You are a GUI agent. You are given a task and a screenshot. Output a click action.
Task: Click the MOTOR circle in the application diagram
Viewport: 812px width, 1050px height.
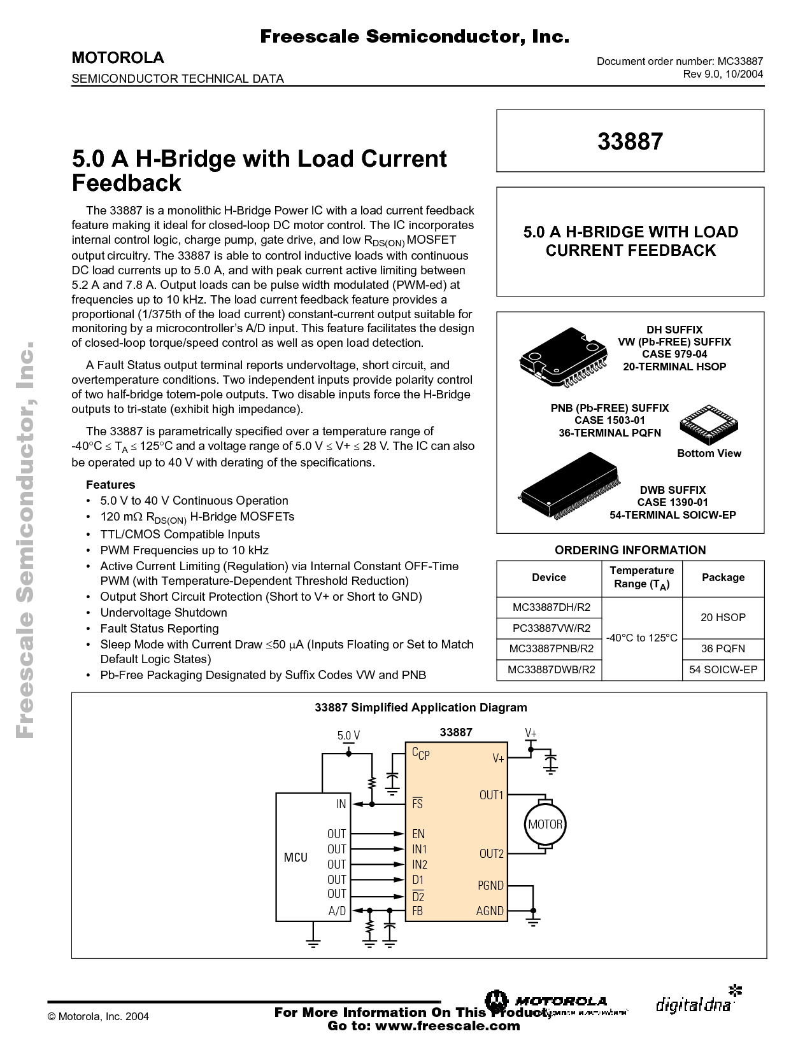(545, 824)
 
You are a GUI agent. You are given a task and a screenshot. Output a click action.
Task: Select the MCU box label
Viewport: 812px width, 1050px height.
(296, 857)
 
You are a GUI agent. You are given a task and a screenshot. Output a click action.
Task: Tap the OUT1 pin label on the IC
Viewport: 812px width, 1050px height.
(491, 795)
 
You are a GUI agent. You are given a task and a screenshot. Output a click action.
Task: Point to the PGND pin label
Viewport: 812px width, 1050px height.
(490, 885)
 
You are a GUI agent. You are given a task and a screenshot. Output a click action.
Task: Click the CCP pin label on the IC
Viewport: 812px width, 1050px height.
(420, 753)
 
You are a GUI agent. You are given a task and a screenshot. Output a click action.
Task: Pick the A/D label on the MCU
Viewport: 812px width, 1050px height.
(337, 911)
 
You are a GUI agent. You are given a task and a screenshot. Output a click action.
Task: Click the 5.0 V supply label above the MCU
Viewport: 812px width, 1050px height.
(348, 736)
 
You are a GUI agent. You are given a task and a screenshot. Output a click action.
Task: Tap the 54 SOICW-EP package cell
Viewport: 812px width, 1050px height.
(723, 669)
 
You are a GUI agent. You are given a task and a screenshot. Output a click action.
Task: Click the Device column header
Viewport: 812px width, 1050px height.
(548, 577)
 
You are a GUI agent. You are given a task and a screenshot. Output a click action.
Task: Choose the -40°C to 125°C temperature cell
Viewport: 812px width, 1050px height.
(641, 638)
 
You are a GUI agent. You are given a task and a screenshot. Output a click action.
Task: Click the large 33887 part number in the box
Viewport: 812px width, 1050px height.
(630, 141)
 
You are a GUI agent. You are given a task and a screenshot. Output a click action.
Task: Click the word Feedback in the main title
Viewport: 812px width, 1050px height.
(126, 183)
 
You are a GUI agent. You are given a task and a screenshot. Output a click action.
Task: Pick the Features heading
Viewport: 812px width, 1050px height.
(110, 484)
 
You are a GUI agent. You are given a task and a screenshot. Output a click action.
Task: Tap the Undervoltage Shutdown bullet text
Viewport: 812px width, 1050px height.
(164, 612)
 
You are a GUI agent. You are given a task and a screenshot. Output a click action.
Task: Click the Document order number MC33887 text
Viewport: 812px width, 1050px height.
(680, 61)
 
